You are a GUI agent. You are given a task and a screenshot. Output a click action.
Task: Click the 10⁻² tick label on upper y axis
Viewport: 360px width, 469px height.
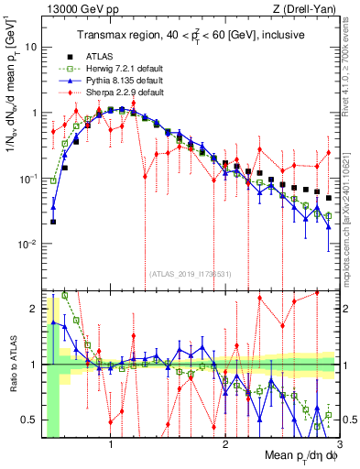point(29,244)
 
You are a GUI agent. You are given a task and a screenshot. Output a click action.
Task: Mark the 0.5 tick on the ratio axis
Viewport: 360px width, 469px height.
point(32,420)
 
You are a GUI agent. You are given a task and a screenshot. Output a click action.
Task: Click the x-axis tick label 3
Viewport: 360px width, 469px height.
point(339,445)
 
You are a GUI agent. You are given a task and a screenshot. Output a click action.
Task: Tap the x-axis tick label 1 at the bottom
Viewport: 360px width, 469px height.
point(111,445)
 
